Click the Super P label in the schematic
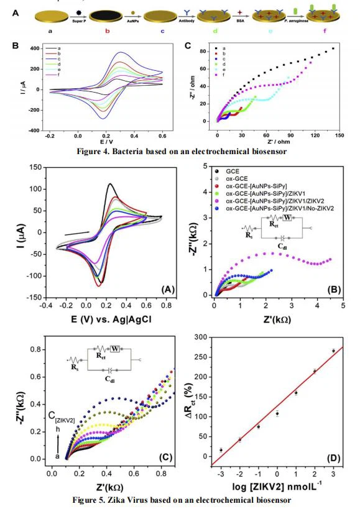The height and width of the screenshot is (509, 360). [x=76, y=20]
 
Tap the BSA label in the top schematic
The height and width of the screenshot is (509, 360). [x=237, y=21]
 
